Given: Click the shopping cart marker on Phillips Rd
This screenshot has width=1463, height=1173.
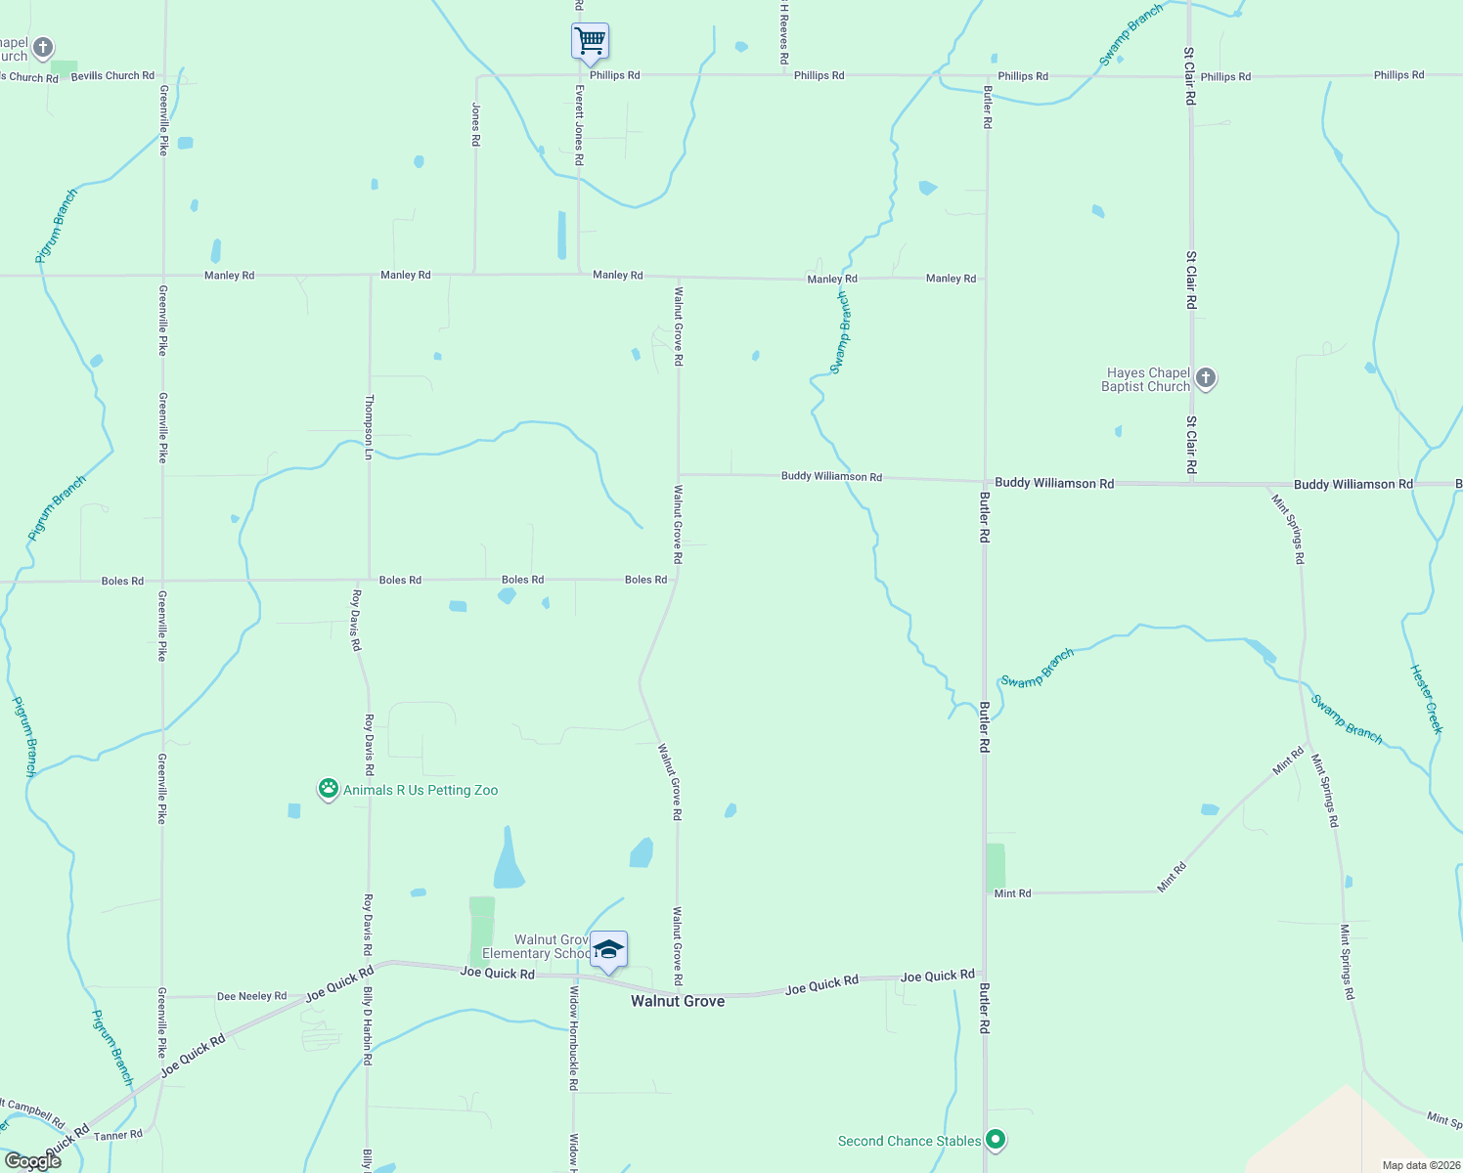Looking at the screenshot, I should (590, 42).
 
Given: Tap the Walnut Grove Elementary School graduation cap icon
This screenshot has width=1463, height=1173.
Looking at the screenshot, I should (608, 949).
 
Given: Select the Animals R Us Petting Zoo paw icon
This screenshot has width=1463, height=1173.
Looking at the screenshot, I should (329, 789).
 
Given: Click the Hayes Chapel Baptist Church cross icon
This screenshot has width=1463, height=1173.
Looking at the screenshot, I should (1206, 378).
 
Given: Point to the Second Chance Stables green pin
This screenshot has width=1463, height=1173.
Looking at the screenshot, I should (996, 1139).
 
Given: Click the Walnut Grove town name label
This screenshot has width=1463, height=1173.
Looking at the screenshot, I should (678, 1001).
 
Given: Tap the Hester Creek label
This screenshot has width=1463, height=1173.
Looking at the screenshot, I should (1426, 698).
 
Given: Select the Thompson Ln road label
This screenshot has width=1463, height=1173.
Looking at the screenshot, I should (369, 427).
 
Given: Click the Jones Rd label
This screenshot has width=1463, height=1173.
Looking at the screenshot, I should (476, 124).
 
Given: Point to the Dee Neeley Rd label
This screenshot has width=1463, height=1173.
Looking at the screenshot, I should (251, 996).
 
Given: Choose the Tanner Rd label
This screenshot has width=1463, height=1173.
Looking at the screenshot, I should (118, 1135).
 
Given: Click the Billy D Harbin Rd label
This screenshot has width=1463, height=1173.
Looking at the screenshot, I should (368, 1025).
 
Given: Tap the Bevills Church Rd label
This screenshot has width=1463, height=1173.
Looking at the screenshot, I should (112, 75).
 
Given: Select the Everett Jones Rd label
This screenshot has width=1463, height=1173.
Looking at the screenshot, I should (579, 124).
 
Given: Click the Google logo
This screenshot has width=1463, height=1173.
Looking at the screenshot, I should (32, 1160).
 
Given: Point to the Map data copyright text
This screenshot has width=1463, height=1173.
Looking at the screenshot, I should (1419, 1165).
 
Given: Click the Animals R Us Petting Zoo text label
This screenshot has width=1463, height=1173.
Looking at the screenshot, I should (421, 790).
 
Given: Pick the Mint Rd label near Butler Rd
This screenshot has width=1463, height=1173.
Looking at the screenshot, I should (1012, 893).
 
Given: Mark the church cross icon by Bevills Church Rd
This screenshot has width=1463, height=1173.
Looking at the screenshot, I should (43, 47).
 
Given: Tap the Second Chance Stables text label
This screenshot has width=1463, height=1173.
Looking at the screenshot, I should (909, 1141).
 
